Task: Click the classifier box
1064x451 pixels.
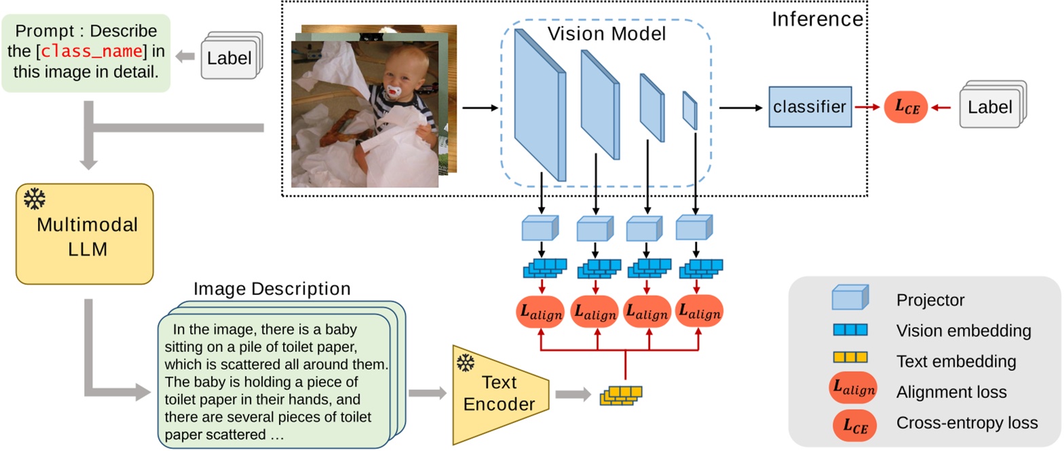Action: [x=810, y=106]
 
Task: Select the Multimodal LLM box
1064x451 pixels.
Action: [x=85, y=233]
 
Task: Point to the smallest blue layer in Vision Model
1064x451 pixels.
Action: [x=689, y=110]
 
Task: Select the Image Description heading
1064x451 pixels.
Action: [x=271, y=289]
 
